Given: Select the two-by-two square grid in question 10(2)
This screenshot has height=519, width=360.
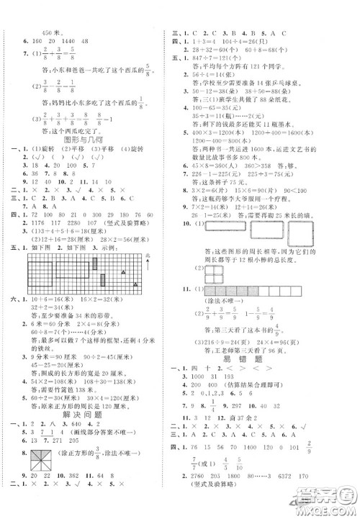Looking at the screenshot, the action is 214,317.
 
